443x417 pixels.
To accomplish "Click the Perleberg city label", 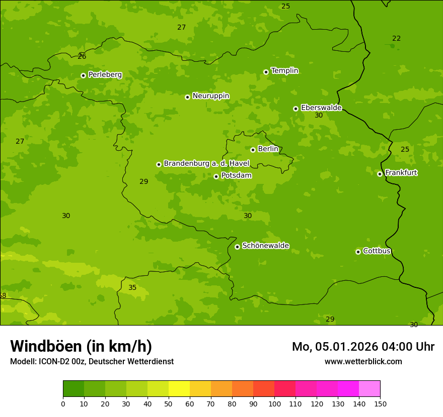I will click(x=105, y=75).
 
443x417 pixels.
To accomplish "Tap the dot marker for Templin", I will click(x=266, y=72).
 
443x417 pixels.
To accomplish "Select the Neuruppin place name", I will click(x=210, y=96).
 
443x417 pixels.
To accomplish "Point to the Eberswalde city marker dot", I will click(x=296, y=109).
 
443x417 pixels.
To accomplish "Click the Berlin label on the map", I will click(x=268, y=149).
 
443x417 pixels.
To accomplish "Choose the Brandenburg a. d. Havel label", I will click(x=206, y=164).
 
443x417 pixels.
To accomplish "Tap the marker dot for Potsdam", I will click(x=216, y=176).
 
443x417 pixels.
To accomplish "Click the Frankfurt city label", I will click(x=401, y=173).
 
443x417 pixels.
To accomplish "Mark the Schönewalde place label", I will click(x=265, y=246).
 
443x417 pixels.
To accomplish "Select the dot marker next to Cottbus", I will click(x=358, y=252).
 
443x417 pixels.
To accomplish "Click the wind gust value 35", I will click(x=132, y=288).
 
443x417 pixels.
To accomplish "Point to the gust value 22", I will click(x=397, y=39).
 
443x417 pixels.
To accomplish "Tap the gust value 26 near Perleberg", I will click(x=82, y=57).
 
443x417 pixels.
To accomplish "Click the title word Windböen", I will click(x=46, y=346).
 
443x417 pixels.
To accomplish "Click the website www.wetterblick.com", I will click(x=363, y=361).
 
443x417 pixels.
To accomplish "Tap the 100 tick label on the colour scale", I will click(x=274, y=403).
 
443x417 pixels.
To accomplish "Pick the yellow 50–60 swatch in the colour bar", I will click(x=179, y=389).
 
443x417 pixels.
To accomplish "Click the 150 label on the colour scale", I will click(x=380, y=403).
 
